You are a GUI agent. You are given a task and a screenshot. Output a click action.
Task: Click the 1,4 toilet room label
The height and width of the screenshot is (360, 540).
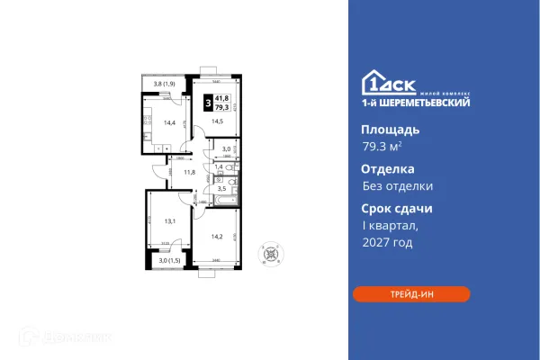click(x=218, y=167)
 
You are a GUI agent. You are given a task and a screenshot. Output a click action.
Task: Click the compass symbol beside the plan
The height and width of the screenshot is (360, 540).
click(x=269, y=255)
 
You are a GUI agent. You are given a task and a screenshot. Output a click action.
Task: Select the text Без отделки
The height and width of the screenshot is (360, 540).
click(x=397, y=186)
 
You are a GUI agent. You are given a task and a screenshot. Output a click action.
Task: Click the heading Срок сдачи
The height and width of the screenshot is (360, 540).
click(x=397, y=208)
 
